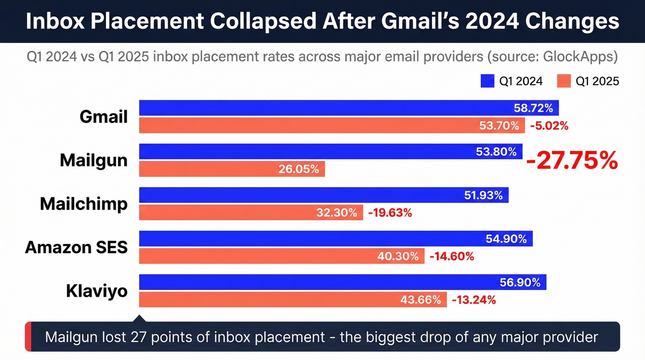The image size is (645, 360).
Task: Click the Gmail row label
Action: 103,117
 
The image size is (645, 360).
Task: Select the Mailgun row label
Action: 94,160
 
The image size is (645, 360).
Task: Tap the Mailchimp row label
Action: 83,204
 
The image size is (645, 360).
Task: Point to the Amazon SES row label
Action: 76,248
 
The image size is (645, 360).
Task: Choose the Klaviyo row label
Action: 97,291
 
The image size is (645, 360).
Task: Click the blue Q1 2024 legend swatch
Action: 487,81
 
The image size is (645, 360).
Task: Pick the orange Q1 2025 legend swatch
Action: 564,81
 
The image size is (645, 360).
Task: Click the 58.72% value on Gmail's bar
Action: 533,108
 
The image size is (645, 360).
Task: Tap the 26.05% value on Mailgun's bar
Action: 299,169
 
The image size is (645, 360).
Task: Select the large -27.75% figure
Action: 571,160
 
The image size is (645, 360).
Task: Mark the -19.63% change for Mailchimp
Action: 390,212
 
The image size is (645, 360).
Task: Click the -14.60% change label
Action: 451,256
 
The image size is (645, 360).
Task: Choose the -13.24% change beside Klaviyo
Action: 474,300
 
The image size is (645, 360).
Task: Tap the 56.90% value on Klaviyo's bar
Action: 520,282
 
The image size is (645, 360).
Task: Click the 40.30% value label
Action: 398,256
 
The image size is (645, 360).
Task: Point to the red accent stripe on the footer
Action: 28,336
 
